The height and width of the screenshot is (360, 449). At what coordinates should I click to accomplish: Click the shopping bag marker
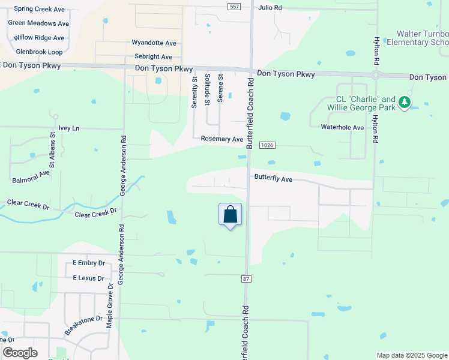pyautogui.click(x=231, y=215)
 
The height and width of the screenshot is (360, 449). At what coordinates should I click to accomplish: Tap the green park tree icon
pyautogui.click(x=405, y=103)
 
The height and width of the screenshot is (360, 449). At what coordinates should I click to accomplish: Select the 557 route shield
pyautogui.click(x=235, y=6)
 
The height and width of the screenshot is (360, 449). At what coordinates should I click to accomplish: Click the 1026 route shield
pyautogui.click(x=268, y=146)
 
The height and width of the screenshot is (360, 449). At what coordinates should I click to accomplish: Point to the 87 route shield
pyautogui.click(x=246, y=279)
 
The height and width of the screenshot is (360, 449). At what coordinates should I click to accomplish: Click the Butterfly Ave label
pyautogui.click(x=273, y=178)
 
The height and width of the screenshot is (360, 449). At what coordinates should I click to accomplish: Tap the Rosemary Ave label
pyautogui.click(x=222, y=139)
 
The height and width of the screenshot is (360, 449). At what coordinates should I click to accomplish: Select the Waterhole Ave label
pyautogui.click(x=342, y=127)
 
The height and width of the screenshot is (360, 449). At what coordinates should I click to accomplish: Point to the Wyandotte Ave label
pyautogui.click(x=154, y=43)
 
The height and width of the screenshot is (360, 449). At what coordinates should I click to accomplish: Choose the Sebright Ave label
pyautogui.click(x=153, y=57)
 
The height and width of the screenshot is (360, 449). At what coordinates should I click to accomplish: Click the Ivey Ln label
pyautogui.click(x=69, y=128)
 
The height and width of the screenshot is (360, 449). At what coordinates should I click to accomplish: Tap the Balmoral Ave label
pyautogui.click(x=31, y=176)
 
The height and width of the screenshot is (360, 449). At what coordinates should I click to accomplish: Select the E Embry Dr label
pyautogui.click(x=88, y=263)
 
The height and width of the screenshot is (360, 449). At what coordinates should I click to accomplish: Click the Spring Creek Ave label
pyautogui.click(x=39, y=9)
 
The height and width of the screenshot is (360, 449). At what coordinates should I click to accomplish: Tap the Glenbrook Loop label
pyautogui.click(x=39, y=52)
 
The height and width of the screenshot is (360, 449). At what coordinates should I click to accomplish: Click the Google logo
pyautogui.click(x=20, y=353)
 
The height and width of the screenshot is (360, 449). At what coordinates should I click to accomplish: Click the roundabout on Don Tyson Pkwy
pyautogui.click(x=377, y=76)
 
